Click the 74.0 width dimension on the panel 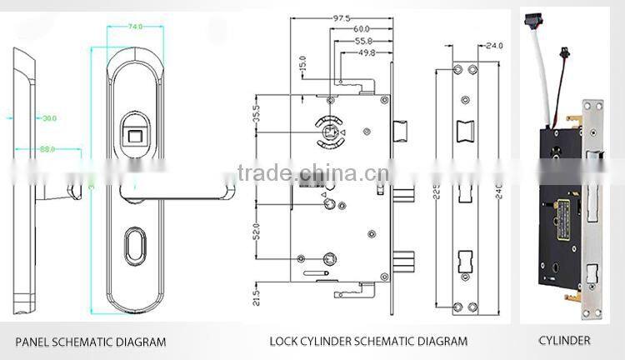[x=133, y=27]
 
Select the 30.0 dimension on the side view [x=49, y=119]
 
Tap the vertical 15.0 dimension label [x=302, y=63]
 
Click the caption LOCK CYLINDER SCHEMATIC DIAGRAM [x=367, y=342]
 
